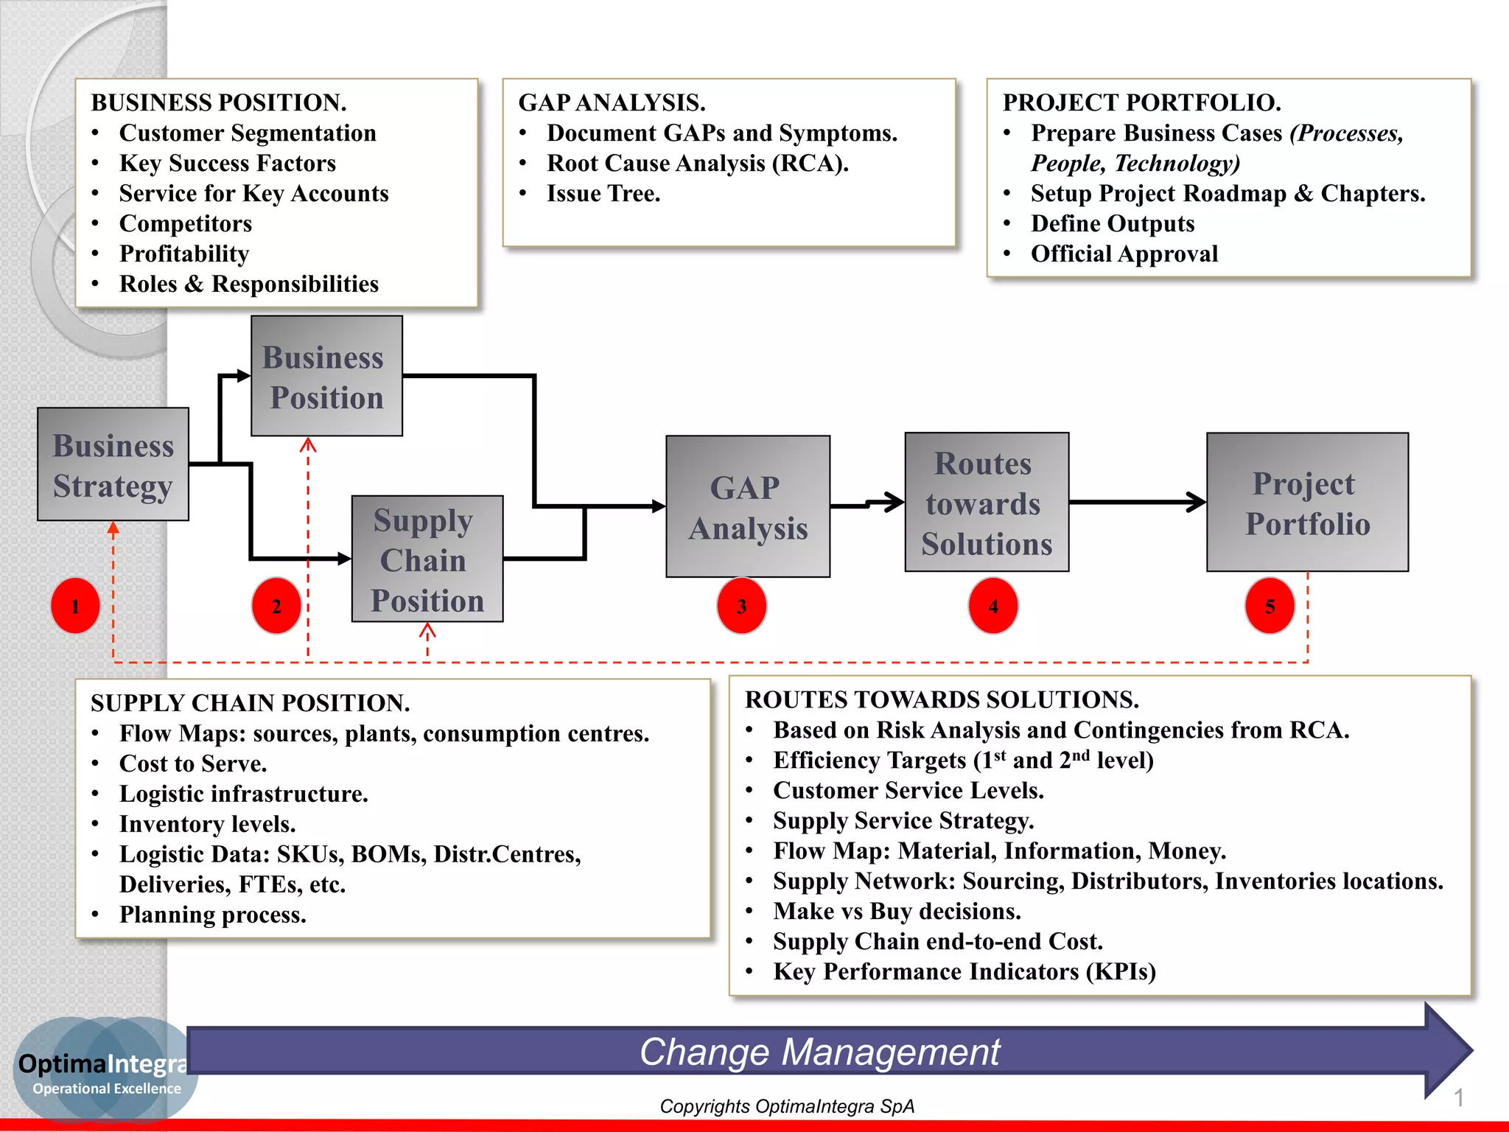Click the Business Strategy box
pyautogui.click(x=113, y=464)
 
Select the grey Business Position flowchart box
pyautogui.click(x=326, y=376)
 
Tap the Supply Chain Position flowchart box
pyautogui.click(x=427, y=559)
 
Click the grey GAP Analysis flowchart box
pyautogui.click(x=748, y=506)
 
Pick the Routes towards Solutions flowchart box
pyautogui.click(x=987, y=503)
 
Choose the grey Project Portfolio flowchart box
pyautogui.click(x=1307, y=503)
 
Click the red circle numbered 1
pyautogui.click(x=75, y=606)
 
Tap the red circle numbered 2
pyautogui.click(x=276, y=606)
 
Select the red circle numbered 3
pyautogui.click(x=742, y=606)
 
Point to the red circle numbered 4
pyautogui.click(x=993, y=606)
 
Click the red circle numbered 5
pyautogui.click(x=1270, y=606)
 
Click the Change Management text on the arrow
pyautogui.click(x=819, y=1052)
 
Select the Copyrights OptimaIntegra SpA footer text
pyautogui.click(x=787, y=1106)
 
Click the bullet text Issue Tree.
pyautogui.click(x=603, y=194)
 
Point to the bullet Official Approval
pyautogui.click(x=1124, y=254)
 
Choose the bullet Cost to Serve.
pyautogui.click(x=193, y=764)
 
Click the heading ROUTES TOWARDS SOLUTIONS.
pyautogui.click(x=942, y=699)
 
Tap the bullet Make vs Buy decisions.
pyautogui.click(x=897, y=912)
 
